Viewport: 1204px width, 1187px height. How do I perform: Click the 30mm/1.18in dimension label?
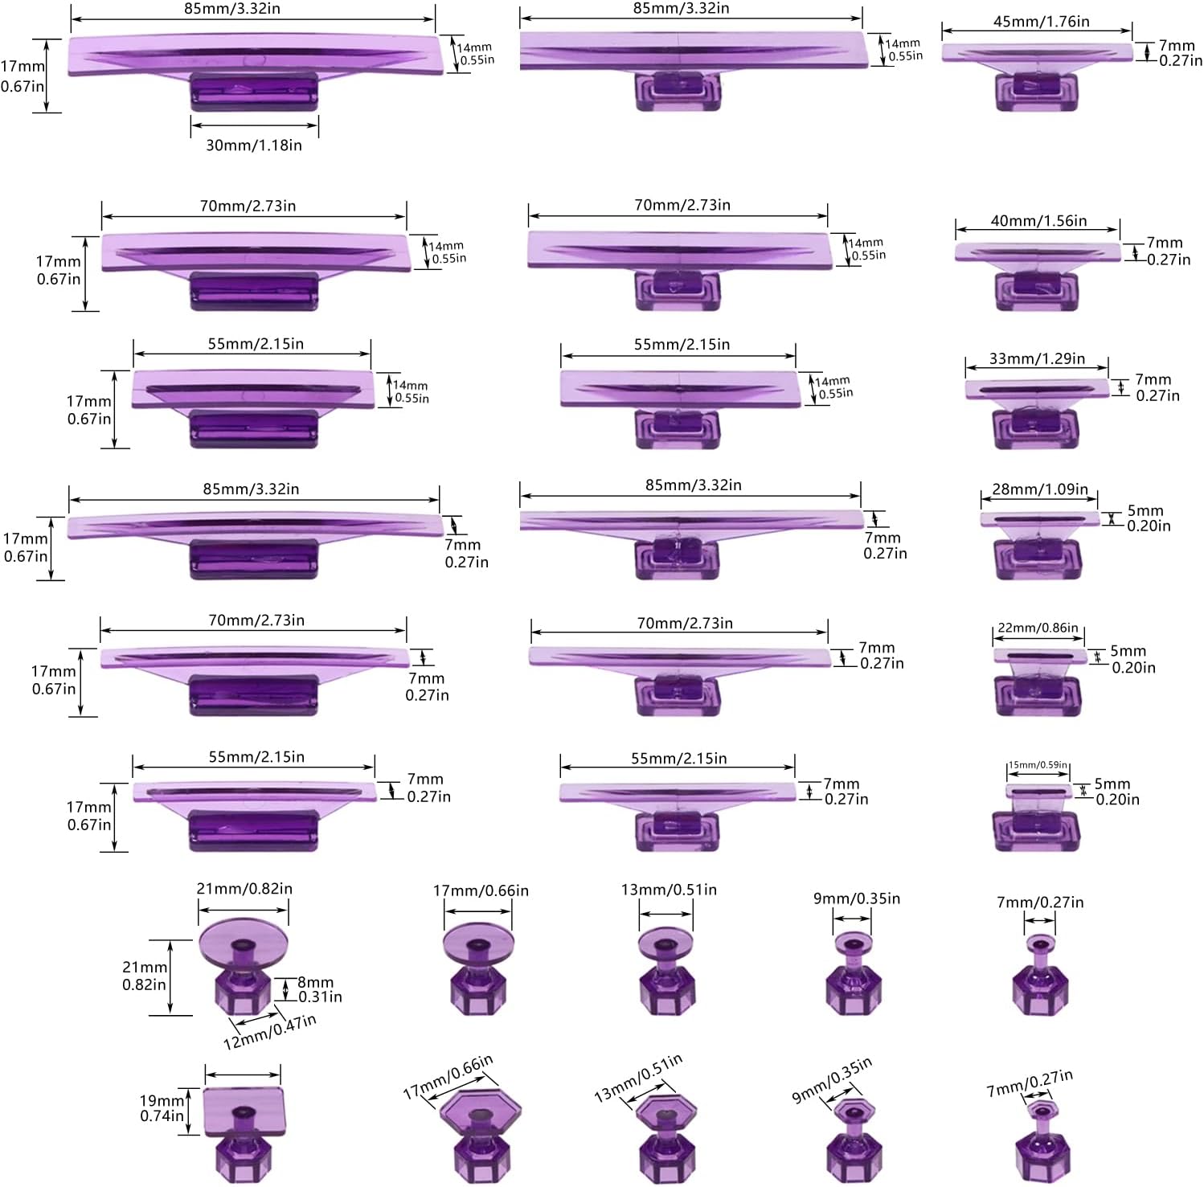[254, 145]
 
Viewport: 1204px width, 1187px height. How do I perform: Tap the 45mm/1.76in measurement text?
[1041, 22]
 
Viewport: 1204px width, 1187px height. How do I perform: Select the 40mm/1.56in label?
[1038, 220]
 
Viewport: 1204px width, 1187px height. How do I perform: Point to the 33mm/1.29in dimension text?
[1037, 358]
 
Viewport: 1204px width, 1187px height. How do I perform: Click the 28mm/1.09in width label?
[1040, 489]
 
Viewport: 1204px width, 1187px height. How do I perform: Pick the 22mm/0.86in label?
[1038, 628]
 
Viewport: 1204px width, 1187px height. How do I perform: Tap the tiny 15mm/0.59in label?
[1038, 764]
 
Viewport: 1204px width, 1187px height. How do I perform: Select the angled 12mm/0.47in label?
[270, 1031]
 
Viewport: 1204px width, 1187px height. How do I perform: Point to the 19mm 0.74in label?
[162, 1108]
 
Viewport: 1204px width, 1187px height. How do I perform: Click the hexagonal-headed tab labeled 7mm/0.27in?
[1042, 1142]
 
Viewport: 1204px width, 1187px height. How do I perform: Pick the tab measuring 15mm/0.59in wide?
[1038, 818]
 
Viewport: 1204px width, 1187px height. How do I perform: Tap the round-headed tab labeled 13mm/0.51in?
[666, 972]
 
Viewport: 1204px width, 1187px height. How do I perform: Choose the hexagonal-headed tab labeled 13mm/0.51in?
[666, 1138]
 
